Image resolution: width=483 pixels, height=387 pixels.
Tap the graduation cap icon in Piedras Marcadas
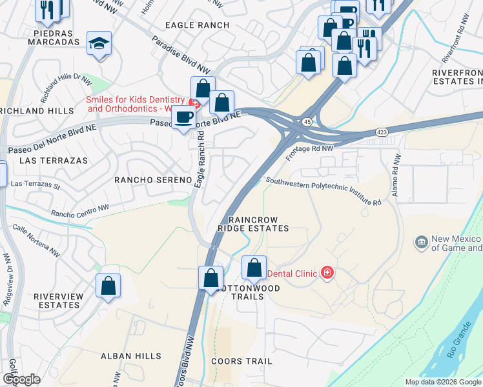point(99,43)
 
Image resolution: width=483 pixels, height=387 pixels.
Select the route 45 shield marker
point(307,121)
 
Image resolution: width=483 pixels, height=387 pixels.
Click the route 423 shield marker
point(382,132)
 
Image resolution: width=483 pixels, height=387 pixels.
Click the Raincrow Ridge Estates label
point(252,224)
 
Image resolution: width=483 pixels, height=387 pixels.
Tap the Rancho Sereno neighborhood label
point(153,179)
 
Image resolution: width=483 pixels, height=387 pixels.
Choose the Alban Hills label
point(127,355)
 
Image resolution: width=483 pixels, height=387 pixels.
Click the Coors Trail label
point(242,361)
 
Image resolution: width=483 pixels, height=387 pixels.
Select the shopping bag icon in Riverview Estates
point(108,284)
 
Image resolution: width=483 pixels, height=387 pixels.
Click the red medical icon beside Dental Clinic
point(327,273)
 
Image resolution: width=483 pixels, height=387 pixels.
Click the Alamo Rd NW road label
point(395,176)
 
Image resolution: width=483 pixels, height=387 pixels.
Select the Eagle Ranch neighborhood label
point(197,25)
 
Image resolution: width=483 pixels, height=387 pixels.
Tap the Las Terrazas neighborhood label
point(45,159)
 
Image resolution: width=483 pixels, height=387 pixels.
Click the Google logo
point(21,379)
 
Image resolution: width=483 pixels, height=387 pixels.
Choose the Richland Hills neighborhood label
point(37,111)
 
